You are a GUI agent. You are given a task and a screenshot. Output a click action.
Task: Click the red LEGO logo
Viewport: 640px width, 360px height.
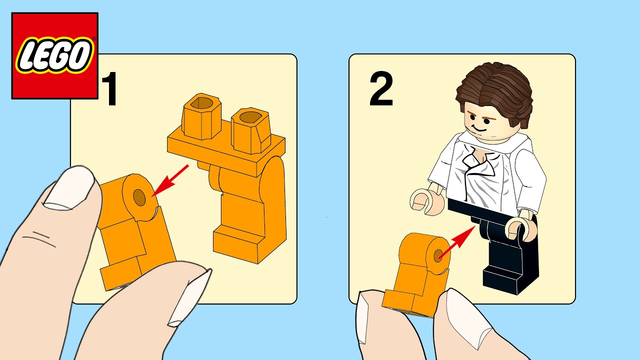click(x=55, y=55)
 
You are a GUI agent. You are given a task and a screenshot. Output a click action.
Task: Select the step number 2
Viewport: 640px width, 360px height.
click(x=381, y=90)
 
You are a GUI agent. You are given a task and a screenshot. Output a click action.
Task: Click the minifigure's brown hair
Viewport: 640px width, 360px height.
click(x=495, y=90)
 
